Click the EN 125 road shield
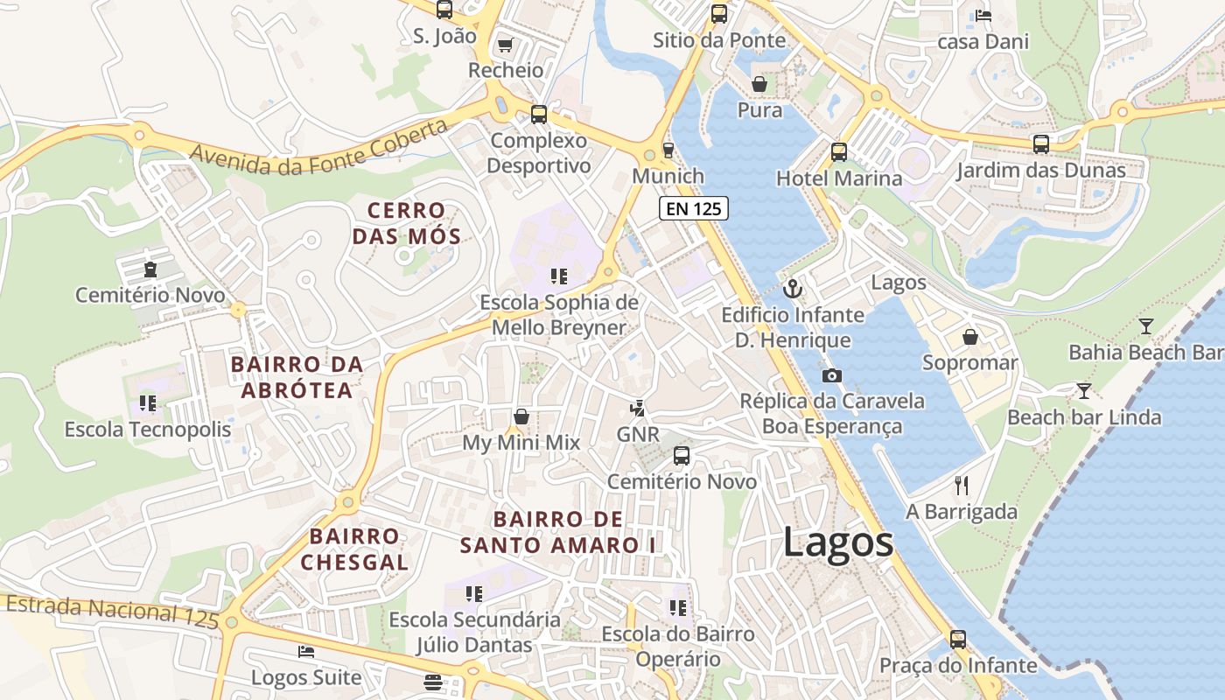pos(693,208)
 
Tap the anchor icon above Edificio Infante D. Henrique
pos(793,288)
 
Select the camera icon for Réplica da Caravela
pos(831,375)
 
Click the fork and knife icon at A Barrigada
pos(962,486)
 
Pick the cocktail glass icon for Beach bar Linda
pos(1084,390)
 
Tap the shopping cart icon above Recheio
pos(505,44)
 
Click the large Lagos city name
pos(838,542)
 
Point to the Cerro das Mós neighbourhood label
pos(406,223)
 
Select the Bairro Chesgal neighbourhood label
pos(354,549)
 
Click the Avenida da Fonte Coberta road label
pos(319,146)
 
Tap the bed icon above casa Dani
pos(983,15)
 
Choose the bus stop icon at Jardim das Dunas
pos(1040,143)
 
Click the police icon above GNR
pos(638,408)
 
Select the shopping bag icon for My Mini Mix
pos(521,416)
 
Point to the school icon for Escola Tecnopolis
pos(148,403)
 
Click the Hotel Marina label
pos(838,178)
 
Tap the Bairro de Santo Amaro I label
pos(558,532)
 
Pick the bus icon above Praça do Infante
pos(958,639)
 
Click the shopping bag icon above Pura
pos(759,84)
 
